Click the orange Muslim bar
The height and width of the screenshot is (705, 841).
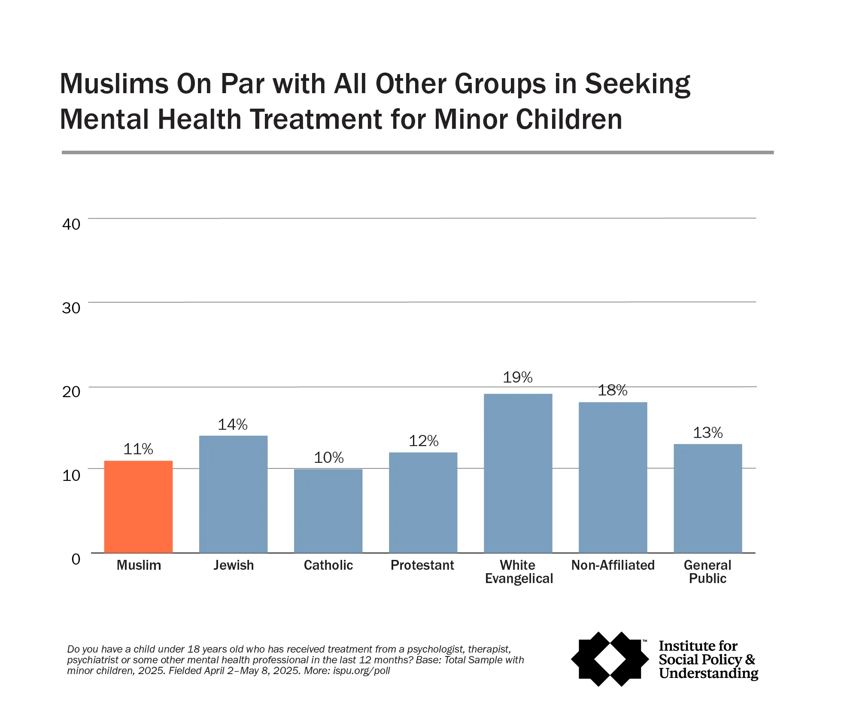pos(138,507)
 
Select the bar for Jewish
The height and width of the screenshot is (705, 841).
pos(233,494)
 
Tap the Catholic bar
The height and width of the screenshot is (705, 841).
pos(328,511)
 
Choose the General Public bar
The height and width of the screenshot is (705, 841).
pos(707,498)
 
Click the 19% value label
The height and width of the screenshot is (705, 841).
pos(518,377)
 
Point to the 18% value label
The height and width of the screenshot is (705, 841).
pos(613,390)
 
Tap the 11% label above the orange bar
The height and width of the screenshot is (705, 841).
pos(138,449)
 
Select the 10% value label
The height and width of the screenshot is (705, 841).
pos(328,458)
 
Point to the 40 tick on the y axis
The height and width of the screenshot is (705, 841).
pos(71,224)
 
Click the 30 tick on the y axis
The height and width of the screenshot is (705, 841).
pos(71,308)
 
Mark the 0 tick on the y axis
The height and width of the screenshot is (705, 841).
pos(76,559)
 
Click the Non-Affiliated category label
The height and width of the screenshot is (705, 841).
pos(613,565)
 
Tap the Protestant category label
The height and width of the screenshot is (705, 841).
pos(422,565)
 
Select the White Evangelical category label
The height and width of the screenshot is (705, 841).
pos(519,572)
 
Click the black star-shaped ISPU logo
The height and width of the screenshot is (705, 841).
pos(610,659)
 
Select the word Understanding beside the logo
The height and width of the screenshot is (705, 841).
pos(708,673)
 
